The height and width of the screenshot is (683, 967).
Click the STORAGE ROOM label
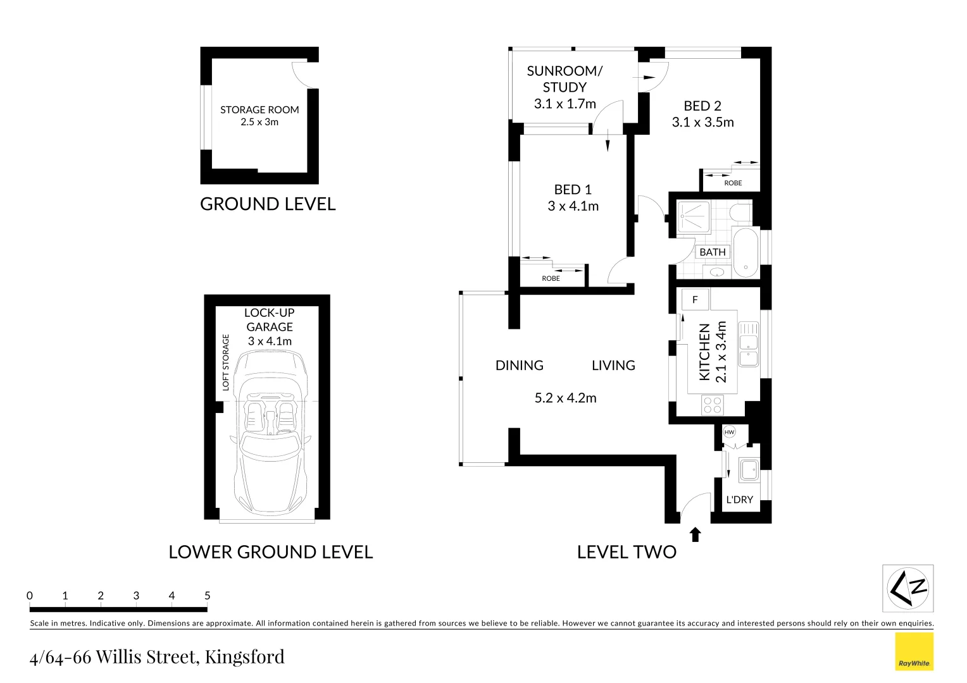[x=259, y=109]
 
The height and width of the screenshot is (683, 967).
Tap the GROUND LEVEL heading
[x=268, y=204]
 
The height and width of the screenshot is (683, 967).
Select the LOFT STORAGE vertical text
[x=226, y=362]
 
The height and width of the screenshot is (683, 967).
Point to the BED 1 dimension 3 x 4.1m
[x=573, y=206]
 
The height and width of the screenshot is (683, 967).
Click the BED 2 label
[x=702, y=106]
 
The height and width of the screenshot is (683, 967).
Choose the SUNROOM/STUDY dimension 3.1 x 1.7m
[x=565, y=104]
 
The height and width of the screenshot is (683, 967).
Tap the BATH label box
[x=713, y=252]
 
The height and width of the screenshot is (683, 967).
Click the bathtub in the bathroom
[x=745, y=252]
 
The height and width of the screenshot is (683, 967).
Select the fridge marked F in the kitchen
[x=695, y=300]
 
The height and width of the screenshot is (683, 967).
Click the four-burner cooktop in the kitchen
[x=713, y=404]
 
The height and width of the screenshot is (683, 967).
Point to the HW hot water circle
[x=729, y=433]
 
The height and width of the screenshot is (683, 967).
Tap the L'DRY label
[x=739, y=500]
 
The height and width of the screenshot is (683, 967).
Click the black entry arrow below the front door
[x=696, y=535]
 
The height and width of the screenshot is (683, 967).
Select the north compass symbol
[x=908, y=588]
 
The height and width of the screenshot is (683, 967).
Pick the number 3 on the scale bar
[x=136, y=596]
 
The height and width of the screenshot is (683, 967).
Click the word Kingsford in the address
[x=244, y=657]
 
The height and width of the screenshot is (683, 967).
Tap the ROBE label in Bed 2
[x=733, y=183]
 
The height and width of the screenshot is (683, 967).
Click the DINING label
[x=519, y=366]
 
